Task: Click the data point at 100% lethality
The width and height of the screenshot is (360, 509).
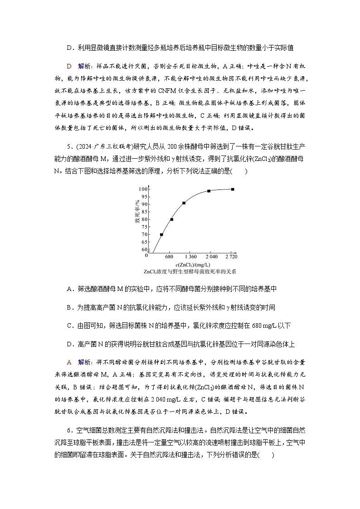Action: point(233,189)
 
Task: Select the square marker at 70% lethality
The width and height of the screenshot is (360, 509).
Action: point(161,234)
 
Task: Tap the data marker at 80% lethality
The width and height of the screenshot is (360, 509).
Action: point(172,219)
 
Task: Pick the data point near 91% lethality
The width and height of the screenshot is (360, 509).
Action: point(184,203)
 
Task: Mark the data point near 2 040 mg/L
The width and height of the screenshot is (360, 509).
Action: point(209,191)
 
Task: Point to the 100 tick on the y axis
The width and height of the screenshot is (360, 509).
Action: point(144,189)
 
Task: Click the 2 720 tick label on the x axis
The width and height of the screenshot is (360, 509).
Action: point(231,257)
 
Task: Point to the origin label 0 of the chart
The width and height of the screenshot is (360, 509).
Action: point(146,256)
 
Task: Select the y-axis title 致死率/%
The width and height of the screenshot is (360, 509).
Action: point(136,215)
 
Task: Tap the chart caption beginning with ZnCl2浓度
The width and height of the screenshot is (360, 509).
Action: point(190,271)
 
